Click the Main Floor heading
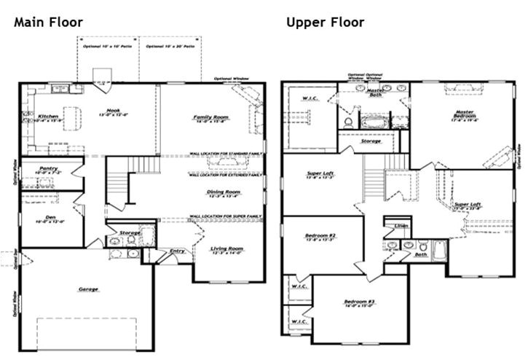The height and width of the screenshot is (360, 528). click(48, 22)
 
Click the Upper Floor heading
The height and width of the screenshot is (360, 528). click(325, 22)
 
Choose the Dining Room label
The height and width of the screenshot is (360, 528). click(223, 192)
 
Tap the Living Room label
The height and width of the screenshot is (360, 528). click(226, 249)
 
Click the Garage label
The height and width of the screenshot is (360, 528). click(89, 289)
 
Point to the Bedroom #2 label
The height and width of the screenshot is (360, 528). click(321, 235)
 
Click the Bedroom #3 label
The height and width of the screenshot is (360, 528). click(360, 302)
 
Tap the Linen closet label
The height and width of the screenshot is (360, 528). click(401, 226)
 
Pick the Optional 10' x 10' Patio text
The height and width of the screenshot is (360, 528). click(108, 46)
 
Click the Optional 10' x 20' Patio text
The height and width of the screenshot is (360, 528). click(170, 46)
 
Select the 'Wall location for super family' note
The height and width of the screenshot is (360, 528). click(226, 216)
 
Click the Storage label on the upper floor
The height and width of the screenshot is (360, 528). click(371, 141)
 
